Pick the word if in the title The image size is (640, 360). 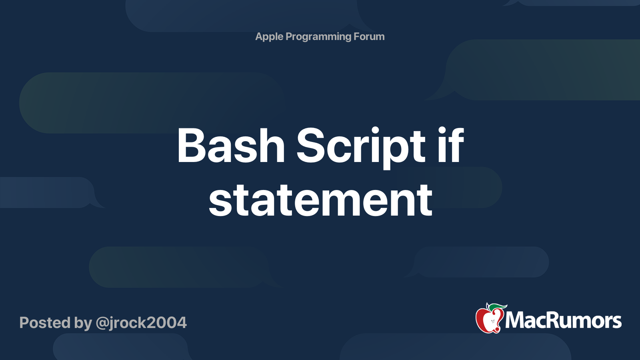pyautogui.click(x=451, y=144)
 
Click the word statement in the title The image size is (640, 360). pyautogui.click(x=320, y=200)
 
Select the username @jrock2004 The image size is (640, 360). pyautogui.click(x=141, y=323)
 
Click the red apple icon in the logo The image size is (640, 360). pyautogui.click(x=489, y=320)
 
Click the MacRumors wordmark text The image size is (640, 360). pyautogui.click(x=563, y=320)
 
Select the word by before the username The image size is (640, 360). pyautogui.click(x=83, y=323)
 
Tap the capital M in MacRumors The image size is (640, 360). pyautogui.click(x=515, y=320)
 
